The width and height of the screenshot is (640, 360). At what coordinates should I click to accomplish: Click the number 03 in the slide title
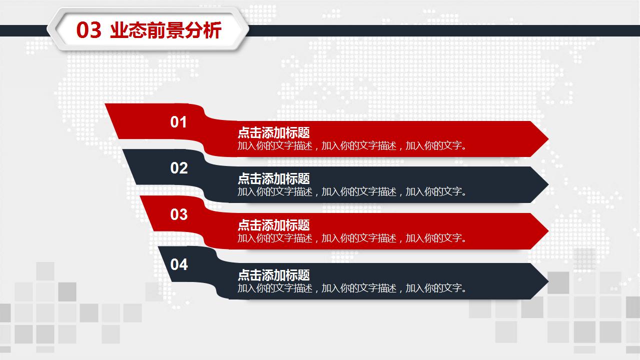pyautogui.click(x=89, y=30)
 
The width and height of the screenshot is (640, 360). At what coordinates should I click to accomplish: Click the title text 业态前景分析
pyautogui.click(x=165, y=30)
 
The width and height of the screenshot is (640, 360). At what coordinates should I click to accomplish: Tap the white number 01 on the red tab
pyautogui.click(x=179, y=122)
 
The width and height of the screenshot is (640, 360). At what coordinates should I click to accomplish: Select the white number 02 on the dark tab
pyautogui.click(x=179, y=168)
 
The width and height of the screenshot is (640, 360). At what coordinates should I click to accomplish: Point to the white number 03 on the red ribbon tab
pyautogui.click(x=179, y=214)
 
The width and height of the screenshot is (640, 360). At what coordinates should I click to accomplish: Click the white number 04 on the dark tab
pyautogui.click(x=179, y=264)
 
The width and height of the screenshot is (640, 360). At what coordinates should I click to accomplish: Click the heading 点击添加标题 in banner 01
pyautogui.click(x=274, y=132)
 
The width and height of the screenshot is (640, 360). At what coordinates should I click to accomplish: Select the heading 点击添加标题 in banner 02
pyautogui.click(x=274, y=178)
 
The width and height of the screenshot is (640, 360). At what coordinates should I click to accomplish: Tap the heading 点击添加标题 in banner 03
pyautogui.click(x=274, y=225)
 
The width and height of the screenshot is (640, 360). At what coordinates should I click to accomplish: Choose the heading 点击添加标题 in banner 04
pyautogui.click(x=274, y=275)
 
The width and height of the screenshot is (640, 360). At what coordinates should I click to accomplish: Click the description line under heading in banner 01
pyautogui.click(x=352, y=146)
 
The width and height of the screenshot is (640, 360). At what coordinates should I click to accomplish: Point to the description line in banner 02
pyautogui.click(x=352, y=191)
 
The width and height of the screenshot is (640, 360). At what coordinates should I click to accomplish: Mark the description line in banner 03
pyautogui.click(x=352, y=238)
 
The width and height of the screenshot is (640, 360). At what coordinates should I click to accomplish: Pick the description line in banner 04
pyautogui.click(x=352, y=288)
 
